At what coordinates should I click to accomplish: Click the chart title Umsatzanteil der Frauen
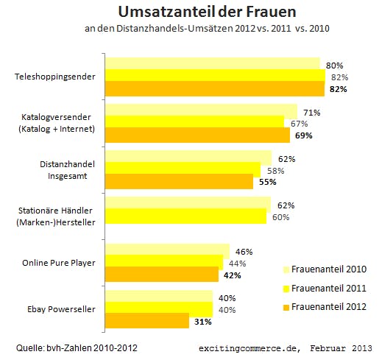click(207, 12)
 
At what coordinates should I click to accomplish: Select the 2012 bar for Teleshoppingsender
click(215, 88)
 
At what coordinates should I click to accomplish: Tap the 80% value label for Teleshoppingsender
click(334, 66)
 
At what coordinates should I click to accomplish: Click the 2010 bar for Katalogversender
click(201, 110)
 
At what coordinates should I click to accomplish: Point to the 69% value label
click(304, 135)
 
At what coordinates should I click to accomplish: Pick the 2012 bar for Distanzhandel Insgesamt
click(179, 182)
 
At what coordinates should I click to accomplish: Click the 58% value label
click(276, 171)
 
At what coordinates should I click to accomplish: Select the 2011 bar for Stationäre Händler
click(186, 216)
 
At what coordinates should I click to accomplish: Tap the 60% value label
click(281, 217)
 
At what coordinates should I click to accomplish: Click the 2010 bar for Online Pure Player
click(168, 250)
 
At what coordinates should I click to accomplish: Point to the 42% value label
click(233, 275)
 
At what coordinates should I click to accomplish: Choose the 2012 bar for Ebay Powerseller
click(147, 320)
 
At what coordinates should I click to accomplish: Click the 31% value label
click(203, 322)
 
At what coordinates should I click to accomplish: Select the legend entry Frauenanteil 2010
click(325, 269)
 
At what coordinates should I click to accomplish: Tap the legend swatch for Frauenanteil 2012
click(286, 308)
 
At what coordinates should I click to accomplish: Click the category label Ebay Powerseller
click(61, 309)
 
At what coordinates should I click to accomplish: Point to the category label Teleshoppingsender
click(55, 77)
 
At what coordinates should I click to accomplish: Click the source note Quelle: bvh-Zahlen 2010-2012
click(77, 348)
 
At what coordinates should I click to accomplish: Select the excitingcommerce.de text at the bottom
click(249, 348)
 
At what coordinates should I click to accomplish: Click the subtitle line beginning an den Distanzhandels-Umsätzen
click(207, 29)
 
